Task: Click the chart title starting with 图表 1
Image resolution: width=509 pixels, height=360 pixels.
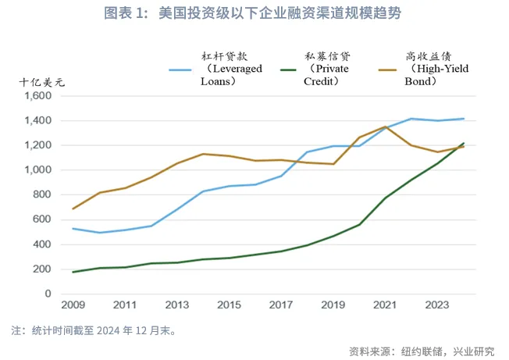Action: coord(255,13)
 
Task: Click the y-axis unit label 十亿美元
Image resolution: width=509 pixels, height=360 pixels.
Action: coord(42,81)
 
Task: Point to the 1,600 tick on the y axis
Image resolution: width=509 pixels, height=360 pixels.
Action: coord(36,96)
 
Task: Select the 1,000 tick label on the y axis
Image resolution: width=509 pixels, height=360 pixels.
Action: coord(36,170)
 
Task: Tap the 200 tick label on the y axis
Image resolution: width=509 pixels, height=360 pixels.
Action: coord(41,269)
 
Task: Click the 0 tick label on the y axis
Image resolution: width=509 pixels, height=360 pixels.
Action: coord(48,294)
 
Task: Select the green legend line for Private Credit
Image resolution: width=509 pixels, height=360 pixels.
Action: coord(288,69)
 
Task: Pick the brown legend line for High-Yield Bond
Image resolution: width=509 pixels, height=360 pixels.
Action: coord(391,69)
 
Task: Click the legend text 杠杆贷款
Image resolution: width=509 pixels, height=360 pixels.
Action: coord(219,56)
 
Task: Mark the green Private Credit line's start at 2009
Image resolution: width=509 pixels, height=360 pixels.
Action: coord(73,272)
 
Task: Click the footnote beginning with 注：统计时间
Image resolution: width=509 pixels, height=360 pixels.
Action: coord(93,330)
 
